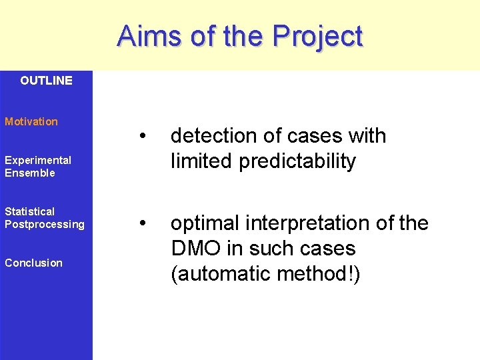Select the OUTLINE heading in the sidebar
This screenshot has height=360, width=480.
pyautogui.click(x=46, y=81)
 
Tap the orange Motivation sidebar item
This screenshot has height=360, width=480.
pyautogui.click(x=31, y=121)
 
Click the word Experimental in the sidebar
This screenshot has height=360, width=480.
pyautogui.click(x=38, y=160)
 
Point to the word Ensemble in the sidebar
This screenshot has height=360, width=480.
pyautogui.click(x=29, y=173)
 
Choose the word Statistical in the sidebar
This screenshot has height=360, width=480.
pyautogui.click(x=29, y=211)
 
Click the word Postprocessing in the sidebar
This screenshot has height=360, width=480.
pyautogui.click(x=45, y=224)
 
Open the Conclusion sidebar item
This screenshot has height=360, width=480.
pyautogui.click(x=33, y=263)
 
